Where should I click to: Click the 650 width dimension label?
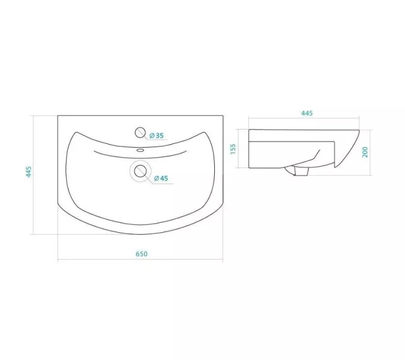(x=142, y=254)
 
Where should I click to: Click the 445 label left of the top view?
(x=29, y=172)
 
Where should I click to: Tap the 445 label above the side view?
(x=307, y=113)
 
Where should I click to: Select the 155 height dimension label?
(x=233, y=149)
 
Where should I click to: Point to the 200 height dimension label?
(x=365, y=152)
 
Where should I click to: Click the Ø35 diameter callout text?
(x=157, y=136)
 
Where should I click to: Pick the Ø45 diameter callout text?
(x=161, y=178)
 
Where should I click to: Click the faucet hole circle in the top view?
(x=140, y=133)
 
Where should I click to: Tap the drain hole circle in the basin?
(x=140, y=171)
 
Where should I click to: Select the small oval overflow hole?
(x=140, y=150)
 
